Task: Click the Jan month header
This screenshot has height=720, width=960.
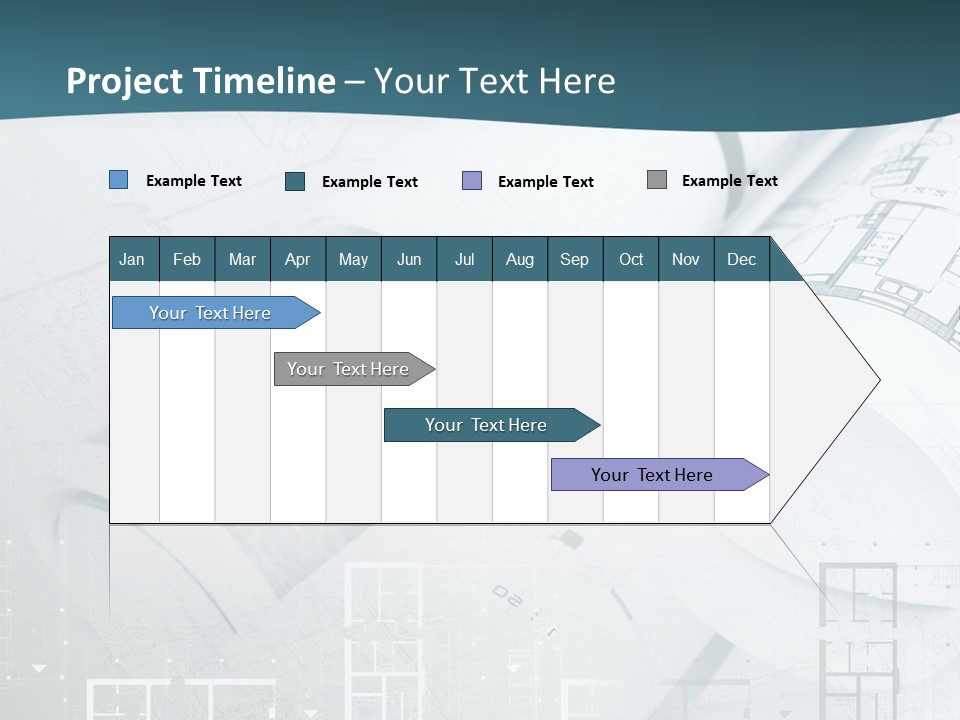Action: [132, 259]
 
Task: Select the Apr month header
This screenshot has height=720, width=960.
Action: [297, 259]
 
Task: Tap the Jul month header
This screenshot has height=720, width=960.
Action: [464, 259]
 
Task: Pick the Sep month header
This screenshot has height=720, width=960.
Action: [574, 259]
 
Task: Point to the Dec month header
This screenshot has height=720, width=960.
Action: [741, 259]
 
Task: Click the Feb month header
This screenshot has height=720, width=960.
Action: [187, 259]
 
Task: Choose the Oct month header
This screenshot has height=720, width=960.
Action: [631, 259]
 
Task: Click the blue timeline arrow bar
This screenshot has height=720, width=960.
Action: [210, 313]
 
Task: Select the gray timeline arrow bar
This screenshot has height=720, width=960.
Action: [348, 369]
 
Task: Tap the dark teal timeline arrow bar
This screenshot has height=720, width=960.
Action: [486, 425]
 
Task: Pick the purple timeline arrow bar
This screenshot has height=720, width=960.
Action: [652, 475]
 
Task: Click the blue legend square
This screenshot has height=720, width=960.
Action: [119, 180]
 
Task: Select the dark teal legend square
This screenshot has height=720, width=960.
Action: [295, 181]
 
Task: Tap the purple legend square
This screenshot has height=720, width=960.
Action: [472, 180]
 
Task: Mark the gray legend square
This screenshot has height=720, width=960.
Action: [657, 180]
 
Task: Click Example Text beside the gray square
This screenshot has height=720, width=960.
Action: [729, 181]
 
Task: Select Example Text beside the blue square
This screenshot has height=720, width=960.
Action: [194, 181]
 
